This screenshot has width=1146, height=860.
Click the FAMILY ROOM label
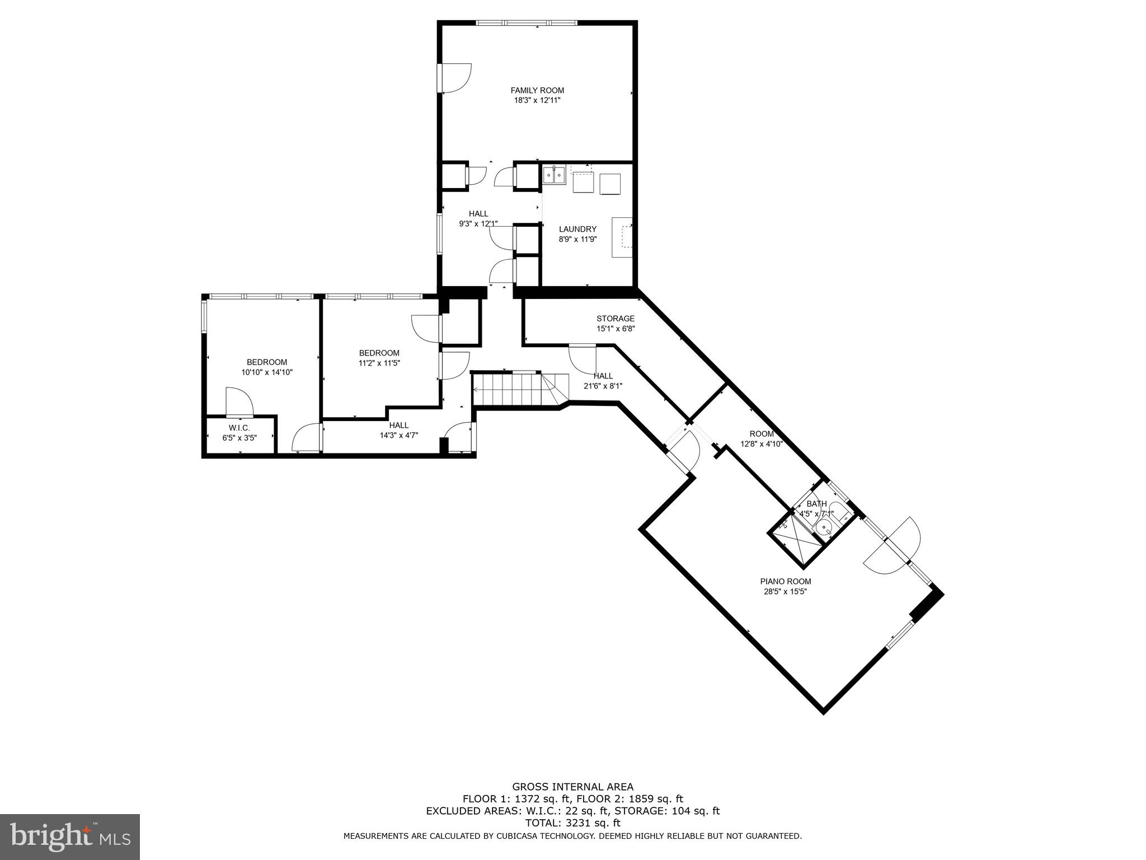point(537,90)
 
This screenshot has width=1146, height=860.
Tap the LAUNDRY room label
point(577,229)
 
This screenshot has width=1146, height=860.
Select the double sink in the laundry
point(554,175)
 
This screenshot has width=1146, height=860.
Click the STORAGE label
point(615,319)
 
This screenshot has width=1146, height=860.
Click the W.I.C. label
point(239,428)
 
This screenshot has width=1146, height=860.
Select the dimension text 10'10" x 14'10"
point(267,372)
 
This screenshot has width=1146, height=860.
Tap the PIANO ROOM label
point(785,582)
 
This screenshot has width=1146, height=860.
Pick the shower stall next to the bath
point(790,538)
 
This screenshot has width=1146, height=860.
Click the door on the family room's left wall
point(454,78)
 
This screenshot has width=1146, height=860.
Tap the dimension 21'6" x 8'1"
point(603,386)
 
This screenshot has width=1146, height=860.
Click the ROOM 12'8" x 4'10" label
point(762,439)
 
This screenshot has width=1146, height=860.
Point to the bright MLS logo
point(70,837)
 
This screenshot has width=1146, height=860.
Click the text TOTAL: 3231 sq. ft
point(572,823)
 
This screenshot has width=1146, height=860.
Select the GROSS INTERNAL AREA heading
point(572,787)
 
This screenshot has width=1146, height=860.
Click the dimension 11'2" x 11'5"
point(379,363)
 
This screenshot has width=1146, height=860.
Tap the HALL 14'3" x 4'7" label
point(398,430)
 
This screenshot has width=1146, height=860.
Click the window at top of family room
point(526,23)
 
